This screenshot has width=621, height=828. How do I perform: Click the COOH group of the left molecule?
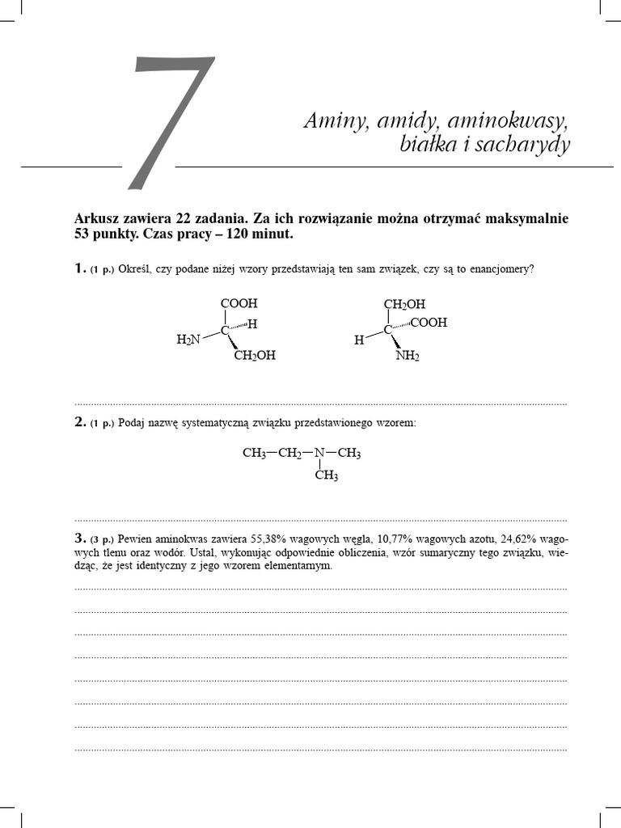tap(239, 303)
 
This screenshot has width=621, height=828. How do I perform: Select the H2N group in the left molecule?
tap(188, 340)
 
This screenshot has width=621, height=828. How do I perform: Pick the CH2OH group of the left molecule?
tap(255, 356)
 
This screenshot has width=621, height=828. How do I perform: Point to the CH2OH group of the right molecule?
tap(403, 304)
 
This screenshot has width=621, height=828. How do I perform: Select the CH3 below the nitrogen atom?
tap(326, 476)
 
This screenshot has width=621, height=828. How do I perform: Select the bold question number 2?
tap(80, 422)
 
